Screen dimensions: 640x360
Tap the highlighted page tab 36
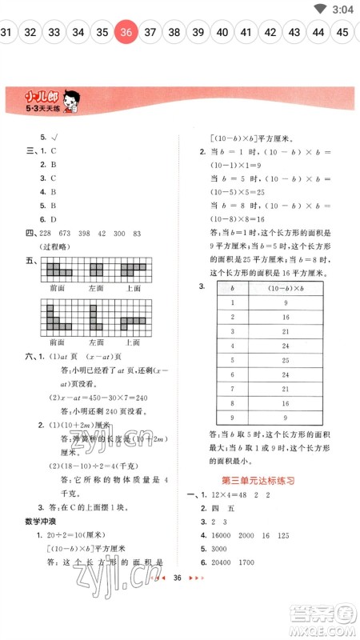click(125, 33)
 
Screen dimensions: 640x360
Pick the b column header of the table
click(232, 288)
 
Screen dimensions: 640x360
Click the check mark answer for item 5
click(56, 137)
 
